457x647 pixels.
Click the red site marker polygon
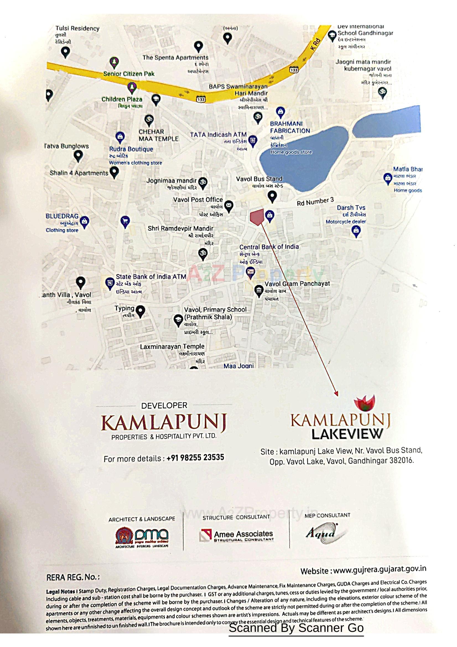click(256, 216)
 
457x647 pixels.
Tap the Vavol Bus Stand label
click(259, 179)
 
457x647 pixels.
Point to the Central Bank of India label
click(269, 247)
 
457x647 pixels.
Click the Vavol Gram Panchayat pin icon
click(259, 291)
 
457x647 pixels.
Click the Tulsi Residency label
click(77, 29)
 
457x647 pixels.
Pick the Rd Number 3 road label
click(315, 201)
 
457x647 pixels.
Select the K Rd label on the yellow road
click(315, 44)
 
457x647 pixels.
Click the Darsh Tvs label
click(351, 208)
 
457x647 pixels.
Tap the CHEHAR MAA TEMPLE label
click(158, 135)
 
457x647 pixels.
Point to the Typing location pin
click(140, 311)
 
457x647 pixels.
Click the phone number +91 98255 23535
click(195, 457)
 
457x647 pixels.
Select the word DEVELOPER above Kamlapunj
click(164, 405)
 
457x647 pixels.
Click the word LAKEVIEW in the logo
click(347, 434)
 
